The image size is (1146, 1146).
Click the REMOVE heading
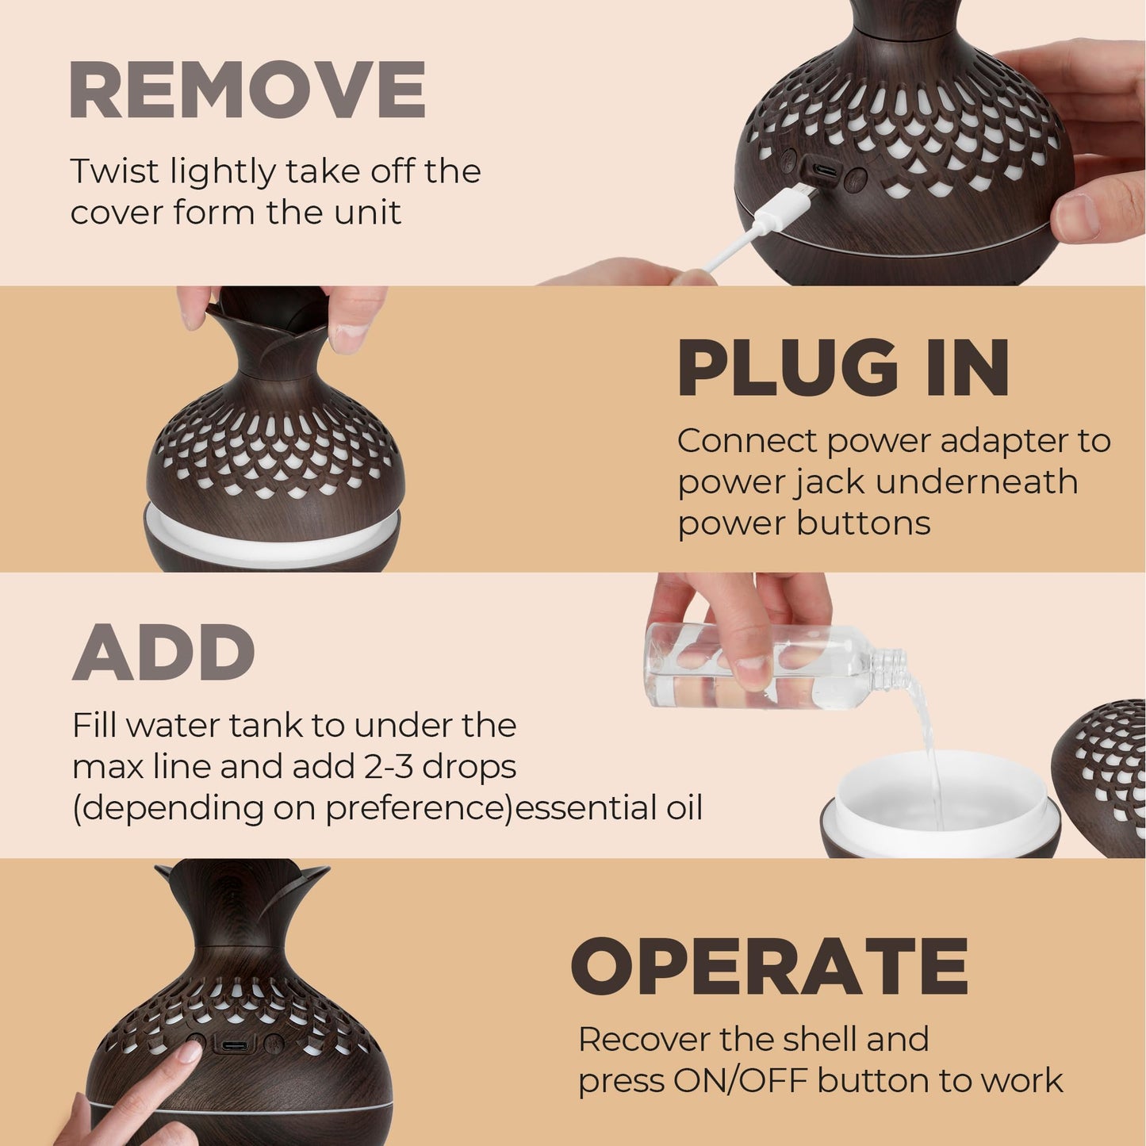click(247, 90)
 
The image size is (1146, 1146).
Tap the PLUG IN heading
click(843, 369)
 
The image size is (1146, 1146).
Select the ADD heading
click(163, 653)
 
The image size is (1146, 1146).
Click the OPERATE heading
click(769, 967)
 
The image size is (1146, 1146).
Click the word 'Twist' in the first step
click(114, 171)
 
